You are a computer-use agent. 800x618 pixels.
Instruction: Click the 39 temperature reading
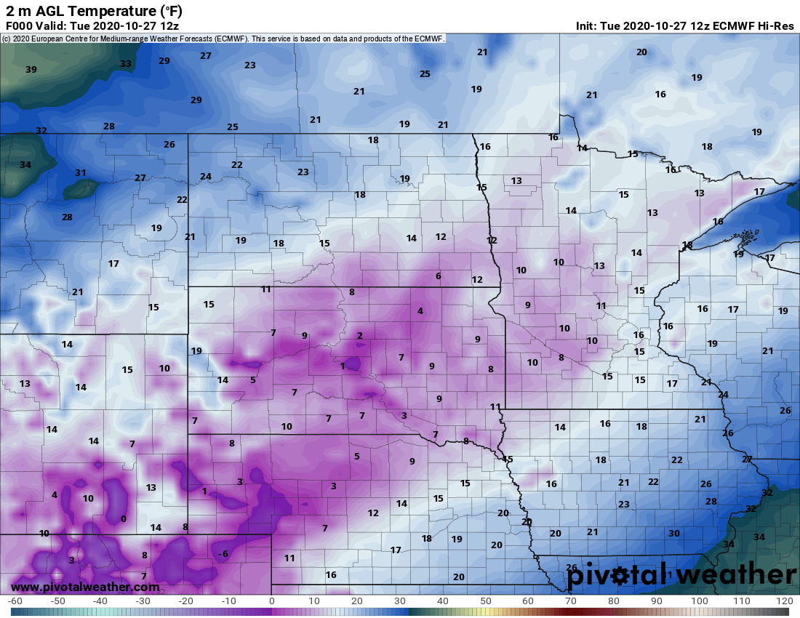(x=31, y=70)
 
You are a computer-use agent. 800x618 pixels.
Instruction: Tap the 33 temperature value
(x=126, y=64)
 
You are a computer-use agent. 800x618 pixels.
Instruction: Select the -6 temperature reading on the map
(x=223, y=554)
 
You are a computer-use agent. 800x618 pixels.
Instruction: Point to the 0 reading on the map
(x=123, y=518)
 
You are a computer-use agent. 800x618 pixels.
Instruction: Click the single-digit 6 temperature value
(x=439, y=276)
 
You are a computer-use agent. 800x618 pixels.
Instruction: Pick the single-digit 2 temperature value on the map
(x=359, y=335)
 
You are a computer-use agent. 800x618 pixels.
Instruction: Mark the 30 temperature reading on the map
(x=674, y=534)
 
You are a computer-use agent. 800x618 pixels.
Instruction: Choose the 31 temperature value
(x=81, y=173)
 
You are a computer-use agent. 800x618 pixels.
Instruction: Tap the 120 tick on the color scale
(x=784, y=601)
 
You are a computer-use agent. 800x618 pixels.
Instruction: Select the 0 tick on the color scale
(x=271, y=601)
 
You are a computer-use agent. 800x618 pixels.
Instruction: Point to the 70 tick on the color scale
(x=571, y=601)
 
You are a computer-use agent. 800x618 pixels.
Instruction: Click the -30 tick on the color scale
(x=143, y=601)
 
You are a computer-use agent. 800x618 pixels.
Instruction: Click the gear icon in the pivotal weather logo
(x=620, y=576)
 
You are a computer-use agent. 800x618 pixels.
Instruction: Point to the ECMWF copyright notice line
(x=223, y=38)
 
